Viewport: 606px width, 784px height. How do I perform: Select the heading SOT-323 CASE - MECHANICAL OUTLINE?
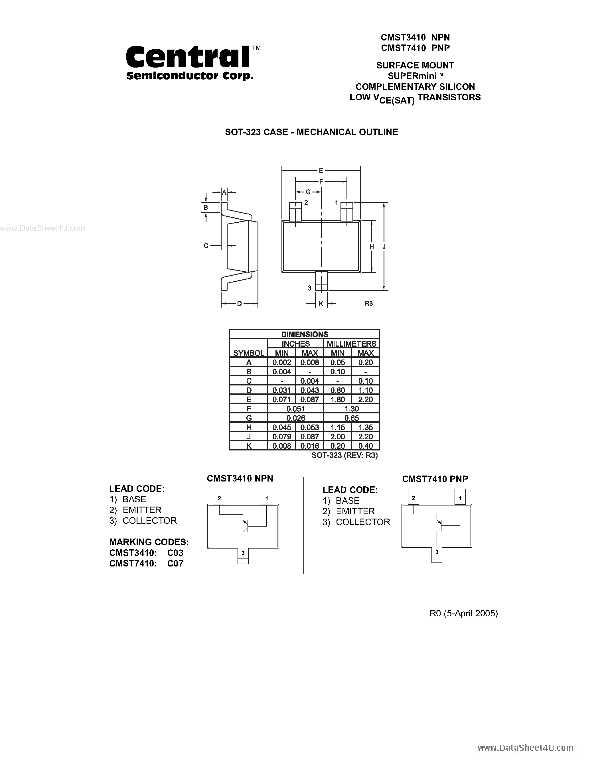(311, 132)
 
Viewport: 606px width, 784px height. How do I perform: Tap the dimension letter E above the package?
(321, 171)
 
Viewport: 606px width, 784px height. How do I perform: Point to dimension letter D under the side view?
(240, 304)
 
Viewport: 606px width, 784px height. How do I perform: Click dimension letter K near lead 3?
(321, 304)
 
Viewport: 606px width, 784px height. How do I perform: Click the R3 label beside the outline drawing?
(369, 304)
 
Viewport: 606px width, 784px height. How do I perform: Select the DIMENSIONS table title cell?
(305, 334)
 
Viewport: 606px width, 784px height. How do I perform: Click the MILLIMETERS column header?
(351, 344)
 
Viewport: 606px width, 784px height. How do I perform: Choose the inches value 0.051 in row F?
(295, 409)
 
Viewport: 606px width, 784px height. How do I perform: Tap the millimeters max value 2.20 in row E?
(366, 399)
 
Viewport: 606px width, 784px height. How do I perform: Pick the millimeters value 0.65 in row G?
(351, 418)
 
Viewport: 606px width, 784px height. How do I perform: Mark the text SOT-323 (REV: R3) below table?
(344, 455)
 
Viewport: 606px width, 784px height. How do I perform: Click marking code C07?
(175, 564)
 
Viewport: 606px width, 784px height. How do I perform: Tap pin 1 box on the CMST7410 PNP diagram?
(460, 499)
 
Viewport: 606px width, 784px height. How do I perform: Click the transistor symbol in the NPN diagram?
(245, 525)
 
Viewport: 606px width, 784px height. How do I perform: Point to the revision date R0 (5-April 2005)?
(463, 613)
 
